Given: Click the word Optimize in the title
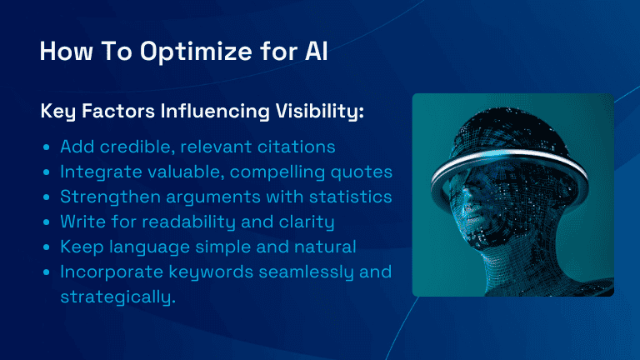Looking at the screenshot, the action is tap(196, 52).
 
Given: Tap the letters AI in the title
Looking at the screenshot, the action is tap(316, 52).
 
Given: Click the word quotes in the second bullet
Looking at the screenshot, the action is tap(361, 172).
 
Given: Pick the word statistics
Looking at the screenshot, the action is tap(350, 197).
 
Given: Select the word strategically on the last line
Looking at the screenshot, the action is tap(118, 297).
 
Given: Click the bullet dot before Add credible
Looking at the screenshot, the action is tap(46, 147).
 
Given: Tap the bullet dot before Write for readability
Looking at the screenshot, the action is tap(46, 222).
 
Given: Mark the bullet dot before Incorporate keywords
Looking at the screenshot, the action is tap(46, 272).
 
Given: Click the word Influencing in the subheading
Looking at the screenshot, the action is tap(215, 111).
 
